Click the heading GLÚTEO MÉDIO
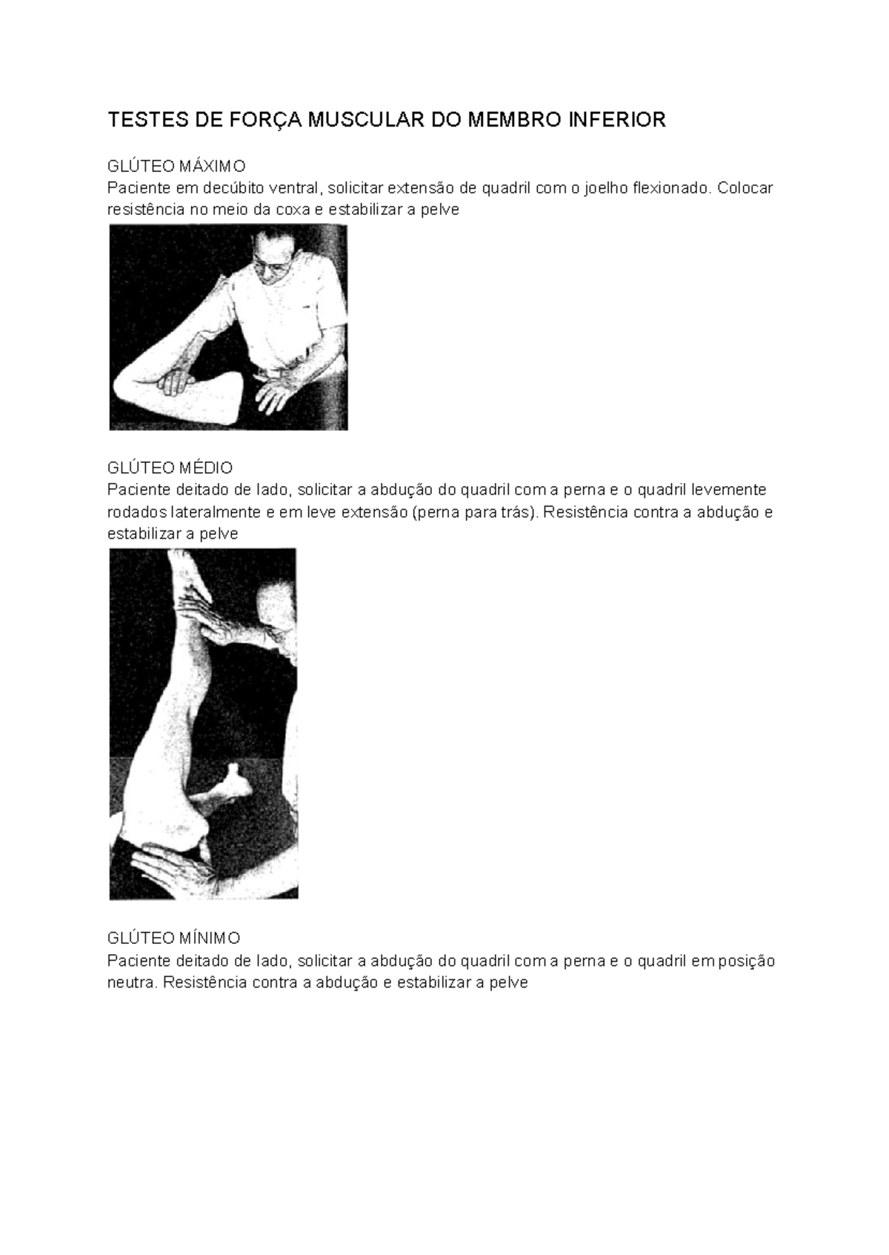(170, 467)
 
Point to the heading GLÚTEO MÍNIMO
(173, 939)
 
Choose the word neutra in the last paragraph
(131, 983)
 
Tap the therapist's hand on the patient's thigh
(178, 381)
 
